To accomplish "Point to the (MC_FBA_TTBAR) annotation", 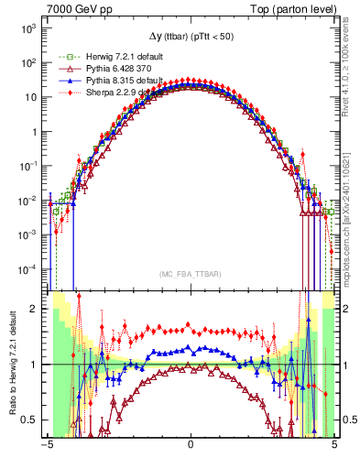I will click(x=191, y=274).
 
